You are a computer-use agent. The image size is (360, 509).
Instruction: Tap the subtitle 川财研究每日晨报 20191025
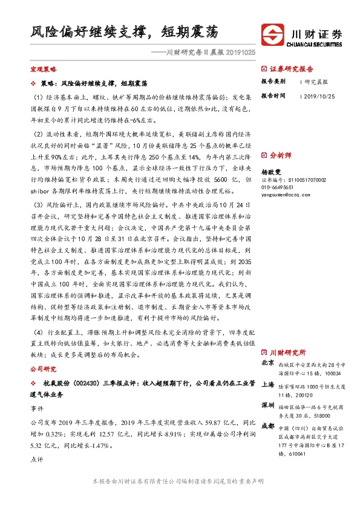click(203, 53)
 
